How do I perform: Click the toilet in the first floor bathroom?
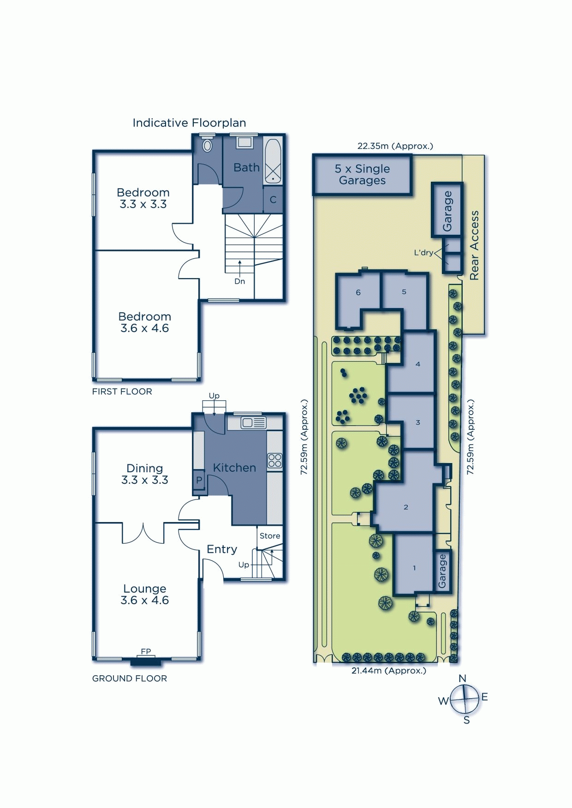point(208,144)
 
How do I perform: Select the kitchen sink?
point(253,422)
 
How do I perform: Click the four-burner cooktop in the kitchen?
point(274,461)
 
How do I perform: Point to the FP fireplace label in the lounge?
point(146,651)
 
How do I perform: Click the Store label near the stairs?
point(270,536)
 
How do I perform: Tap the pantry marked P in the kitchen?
point(199,480)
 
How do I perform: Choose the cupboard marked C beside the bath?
point(273,200)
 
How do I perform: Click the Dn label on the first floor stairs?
point(240,281)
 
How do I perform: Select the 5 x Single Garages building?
point(363,175)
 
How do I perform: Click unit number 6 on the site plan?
point(358,292)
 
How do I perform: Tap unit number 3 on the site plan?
point(418,422)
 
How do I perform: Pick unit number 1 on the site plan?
point(414,568)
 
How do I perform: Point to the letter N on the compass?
point(463,678)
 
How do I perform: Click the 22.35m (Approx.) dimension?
point(395,146)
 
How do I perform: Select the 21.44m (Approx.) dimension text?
point(389,671)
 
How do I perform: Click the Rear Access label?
point(474,245)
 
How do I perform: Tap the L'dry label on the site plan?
point(423,253)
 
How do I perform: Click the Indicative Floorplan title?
point(189,123)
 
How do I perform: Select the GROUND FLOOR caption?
point(130,678)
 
